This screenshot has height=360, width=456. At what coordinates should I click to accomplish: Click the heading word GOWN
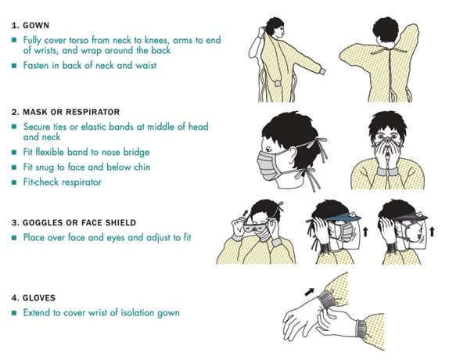point(36,26)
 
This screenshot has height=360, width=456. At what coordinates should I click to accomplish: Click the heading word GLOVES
point(39,297)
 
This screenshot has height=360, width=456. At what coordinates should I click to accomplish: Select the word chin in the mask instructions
point(142,167)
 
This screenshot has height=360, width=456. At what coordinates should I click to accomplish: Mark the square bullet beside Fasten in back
point(14,66)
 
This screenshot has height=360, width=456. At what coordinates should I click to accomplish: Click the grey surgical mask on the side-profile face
point(269,166)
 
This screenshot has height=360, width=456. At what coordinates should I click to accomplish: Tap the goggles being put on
point(255,227)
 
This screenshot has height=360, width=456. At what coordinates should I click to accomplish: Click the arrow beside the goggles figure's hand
point(246,214)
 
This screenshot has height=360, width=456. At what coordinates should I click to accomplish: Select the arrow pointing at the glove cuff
point(310,292)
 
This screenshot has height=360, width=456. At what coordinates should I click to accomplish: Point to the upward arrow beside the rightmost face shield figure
point(433,232)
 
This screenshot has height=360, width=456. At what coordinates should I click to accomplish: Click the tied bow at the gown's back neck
point(388,51)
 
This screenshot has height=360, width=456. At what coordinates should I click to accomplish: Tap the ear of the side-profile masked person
point(292,155)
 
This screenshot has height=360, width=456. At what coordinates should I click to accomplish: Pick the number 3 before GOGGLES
point(13,222)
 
